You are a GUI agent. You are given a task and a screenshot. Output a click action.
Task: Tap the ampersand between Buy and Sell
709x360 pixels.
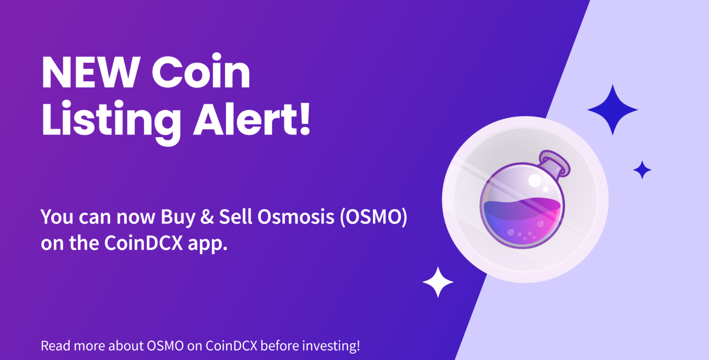click(207, 217)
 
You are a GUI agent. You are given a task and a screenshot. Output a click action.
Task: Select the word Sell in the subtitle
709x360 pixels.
click(235, 217)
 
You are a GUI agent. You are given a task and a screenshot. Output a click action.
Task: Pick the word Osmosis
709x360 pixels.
click(296, 217)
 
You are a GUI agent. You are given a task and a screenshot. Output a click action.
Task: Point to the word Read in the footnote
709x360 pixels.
click(55, 346)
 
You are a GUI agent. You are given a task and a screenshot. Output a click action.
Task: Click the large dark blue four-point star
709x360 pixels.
click(613, 110)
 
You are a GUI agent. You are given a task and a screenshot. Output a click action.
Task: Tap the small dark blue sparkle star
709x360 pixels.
click(642, 170)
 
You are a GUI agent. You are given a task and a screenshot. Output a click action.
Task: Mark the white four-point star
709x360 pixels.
click(438, 282)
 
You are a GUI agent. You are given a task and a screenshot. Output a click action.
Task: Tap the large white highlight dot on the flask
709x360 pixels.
click(534, 181)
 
